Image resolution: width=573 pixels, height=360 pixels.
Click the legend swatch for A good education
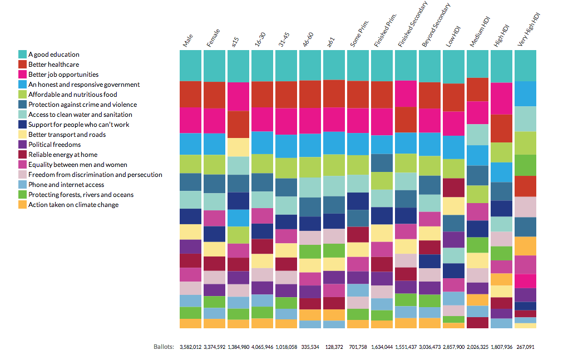pos(23,55)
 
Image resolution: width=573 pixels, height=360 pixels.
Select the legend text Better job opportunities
pos(63,75)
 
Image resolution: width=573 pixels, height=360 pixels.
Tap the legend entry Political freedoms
pos(55,145)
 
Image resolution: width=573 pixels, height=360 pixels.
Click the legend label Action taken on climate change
pos(73,205)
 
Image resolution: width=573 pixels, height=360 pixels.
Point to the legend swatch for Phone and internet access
pos(23,185)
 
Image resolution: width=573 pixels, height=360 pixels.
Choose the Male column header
pos(187,41)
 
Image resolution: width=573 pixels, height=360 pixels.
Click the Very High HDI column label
pos(528,31)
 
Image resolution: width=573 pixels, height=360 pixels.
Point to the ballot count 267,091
pos(525,347)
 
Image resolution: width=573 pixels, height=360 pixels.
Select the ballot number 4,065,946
pos(263,347)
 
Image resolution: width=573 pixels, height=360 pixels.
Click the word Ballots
pos(164,347)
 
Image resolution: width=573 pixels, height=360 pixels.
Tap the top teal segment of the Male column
pos(190,65)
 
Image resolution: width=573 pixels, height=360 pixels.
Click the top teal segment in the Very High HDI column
pos(525,65)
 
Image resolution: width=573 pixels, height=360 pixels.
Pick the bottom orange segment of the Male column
pos(190,323)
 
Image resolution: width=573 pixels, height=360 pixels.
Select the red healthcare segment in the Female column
pos(214,95)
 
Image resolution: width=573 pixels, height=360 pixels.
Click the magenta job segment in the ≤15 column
pos(238,96)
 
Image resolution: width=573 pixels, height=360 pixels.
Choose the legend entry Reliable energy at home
pos(63,155)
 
